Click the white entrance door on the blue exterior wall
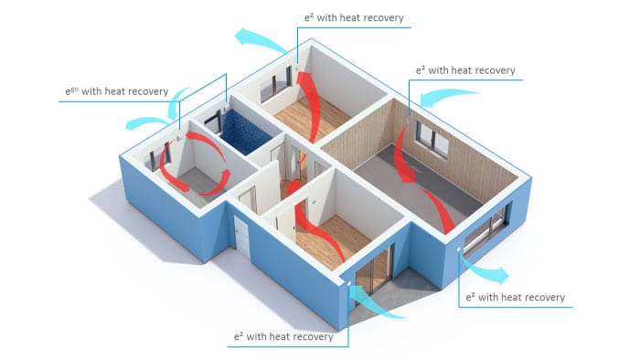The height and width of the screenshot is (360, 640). [x=241, y=239]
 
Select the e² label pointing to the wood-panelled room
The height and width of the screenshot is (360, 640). [x=465, y=69]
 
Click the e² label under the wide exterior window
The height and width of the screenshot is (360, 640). [x=515, y=297]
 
